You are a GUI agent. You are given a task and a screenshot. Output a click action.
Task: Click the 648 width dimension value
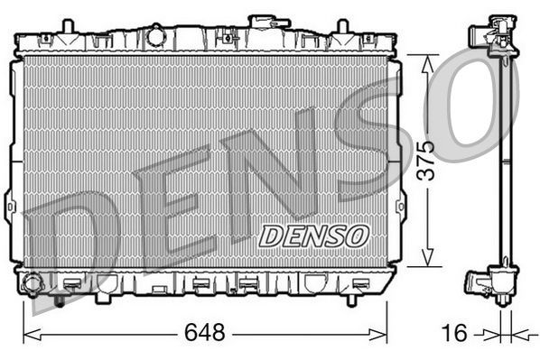coord(205,332)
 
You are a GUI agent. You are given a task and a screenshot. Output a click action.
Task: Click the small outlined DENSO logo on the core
coord(313,235)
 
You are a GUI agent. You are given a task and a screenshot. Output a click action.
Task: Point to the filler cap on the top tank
coord(263,22)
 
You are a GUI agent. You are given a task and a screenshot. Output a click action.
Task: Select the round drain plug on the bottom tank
coord(33,284)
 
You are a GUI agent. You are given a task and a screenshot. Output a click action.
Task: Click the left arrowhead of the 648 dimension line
coord(27,334)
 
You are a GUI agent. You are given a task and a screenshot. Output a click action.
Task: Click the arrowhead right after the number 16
coord(492,334)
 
